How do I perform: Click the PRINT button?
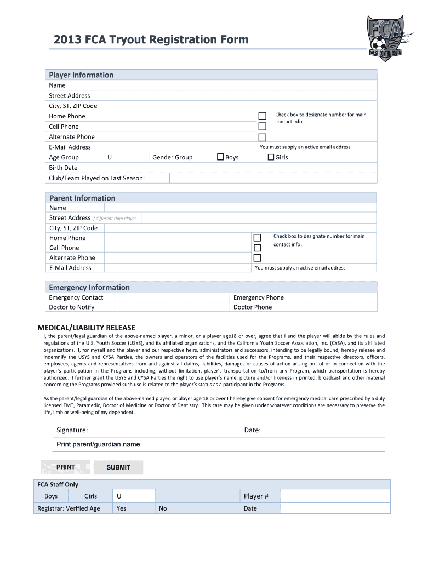(x=66, y=467)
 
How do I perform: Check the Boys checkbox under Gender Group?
(x=221, y=157)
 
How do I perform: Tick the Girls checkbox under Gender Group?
(x=271, y=157)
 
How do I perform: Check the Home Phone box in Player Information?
(x=263, y=116)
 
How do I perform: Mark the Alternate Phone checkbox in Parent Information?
(x=257, y=257)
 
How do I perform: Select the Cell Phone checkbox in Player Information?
(x=263, y=127)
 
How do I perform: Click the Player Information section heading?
(x=81, y=75)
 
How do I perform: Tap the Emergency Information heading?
(x=89, y=288)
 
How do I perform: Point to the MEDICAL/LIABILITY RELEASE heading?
(x=85, y=328)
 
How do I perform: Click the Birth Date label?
(x=64, y=168)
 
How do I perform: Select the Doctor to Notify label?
(x=72, y=307)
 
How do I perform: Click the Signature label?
(x=72, y=431)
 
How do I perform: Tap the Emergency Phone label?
(x=259, y=297)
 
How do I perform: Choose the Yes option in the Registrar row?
(x=121, y=508)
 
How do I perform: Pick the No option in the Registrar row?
(x=163, y=508)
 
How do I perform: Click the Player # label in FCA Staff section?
(x=256, y=496)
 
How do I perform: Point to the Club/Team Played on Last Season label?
(x=97, y=178)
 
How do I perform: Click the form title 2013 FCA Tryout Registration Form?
(x=151, y=39)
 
